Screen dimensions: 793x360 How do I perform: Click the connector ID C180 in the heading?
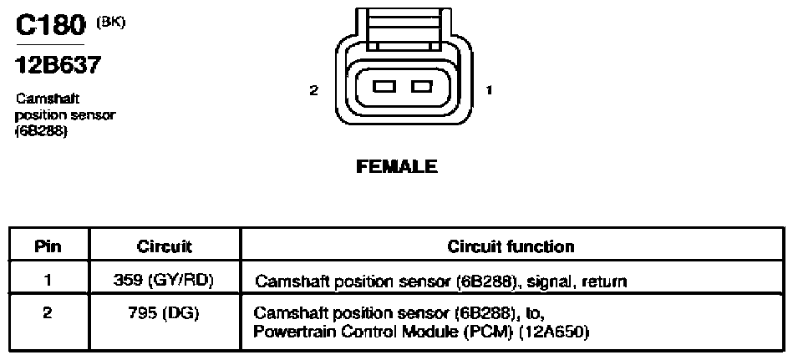click(50, 25)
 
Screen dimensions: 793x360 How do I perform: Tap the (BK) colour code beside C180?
click(111, 23)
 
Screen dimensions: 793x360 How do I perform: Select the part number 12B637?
click(58, 64)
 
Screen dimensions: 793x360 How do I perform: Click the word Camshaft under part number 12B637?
click(48, 98)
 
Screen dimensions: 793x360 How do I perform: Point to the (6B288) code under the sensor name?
click(42, 131)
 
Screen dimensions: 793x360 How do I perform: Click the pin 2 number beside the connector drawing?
click(314, 90)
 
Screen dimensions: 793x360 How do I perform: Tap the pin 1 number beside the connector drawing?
click(489, 90)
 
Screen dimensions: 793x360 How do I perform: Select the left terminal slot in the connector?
click(384, 87)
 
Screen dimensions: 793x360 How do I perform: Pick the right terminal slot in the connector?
click(422, 87)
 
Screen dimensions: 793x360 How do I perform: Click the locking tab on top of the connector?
click(403, 29)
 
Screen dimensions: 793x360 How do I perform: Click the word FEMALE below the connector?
click(397, 166)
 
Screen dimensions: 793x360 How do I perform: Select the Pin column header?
click(48, 246)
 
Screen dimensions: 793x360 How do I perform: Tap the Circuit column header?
click(165, 246)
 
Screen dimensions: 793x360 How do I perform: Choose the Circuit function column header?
click(511, 246)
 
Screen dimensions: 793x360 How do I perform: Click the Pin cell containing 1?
click(48, 280)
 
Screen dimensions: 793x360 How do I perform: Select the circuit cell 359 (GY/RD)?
click(165, 280)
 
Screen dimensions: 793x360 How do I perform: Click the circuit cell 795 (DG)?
click(165, 313)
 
